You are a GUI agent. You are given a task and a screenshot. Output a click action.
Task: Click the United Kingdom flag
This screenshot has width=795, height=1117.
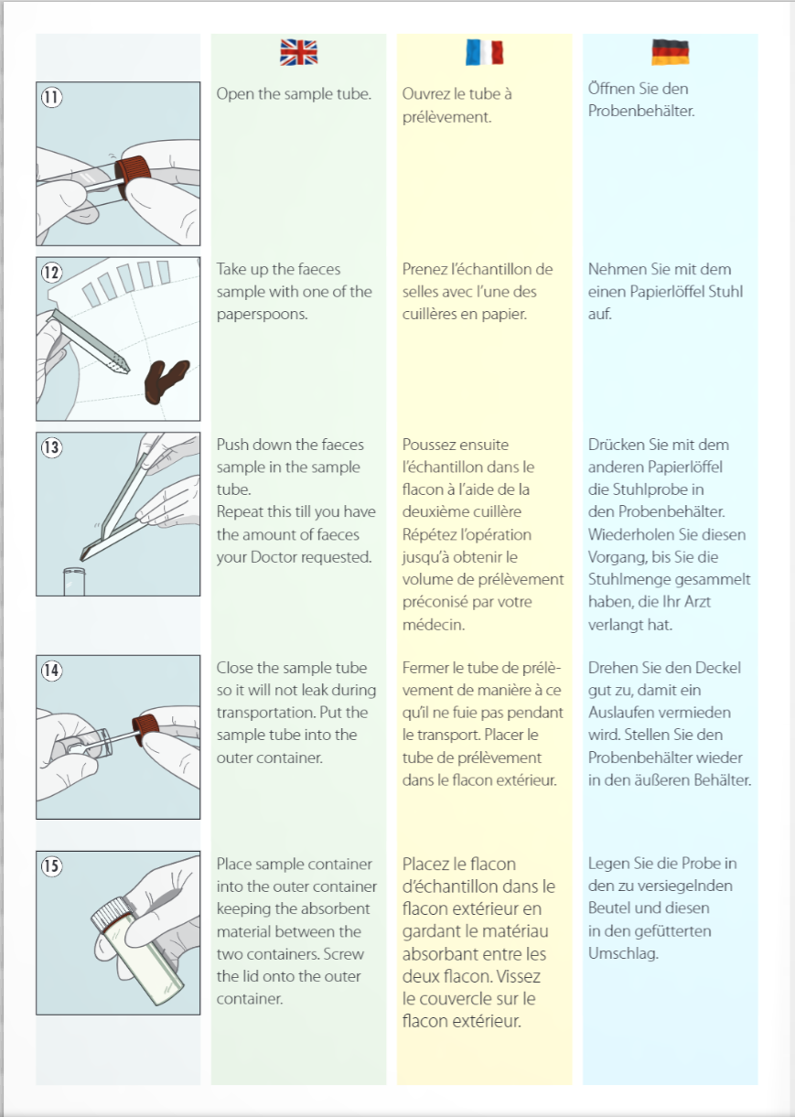pyautogui.click(x=299, y=52)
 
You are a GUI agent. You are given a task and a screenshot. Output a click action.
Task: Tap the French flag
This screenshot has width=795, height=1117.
pyautogui.click(x=484, y=52)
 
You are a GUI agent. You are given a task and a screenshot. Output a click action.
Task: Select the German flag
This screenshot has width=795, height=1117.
pyautogui.click(x=671, y=52)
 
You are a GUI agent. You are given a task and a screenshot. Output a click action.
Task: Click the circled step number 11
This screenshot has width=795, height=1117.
pyautogui.click(x=51, y=97)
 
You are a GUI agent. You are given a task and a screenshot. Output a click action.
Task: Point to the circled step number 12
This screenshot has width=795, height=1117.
pyautogui.click(x=51, y=273)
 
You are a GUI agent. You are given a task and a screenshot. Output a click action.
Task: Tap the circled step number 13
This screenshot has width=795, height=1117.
pyautogui.click(x=51, y=447)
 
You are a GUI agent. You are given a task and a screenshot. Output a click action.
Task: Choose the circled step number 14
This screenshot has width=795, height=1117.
pyautogui.click(x=51, y=671)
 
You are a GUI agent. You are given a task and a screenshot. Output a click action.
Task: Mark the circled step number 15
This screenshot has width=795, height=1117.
pyautogui.click(x=51, y=865)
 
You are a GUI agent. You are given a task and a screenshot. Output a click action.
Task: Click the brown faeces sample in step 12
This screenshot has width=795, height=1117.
pyautogui.click(x=166, y=381)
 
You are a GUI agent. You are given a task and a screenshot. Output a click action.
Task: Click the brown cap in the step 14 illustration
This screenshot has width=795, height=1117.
pyautogui.click(x=145, y=729)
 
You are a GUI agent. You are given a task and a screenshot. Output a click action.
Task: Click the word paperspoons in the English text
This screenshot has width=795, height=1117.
pyautogui.click(x=262, y=315)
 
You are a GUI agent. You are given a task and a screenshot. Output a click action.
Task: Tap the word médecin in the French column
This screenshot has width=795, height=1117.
pyautogui.click(x=434, y=624)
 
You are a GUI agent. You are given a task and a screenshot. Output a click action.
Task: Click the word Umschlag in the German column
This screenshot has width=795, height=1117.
pyautogui.click(x=623, y=954)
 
